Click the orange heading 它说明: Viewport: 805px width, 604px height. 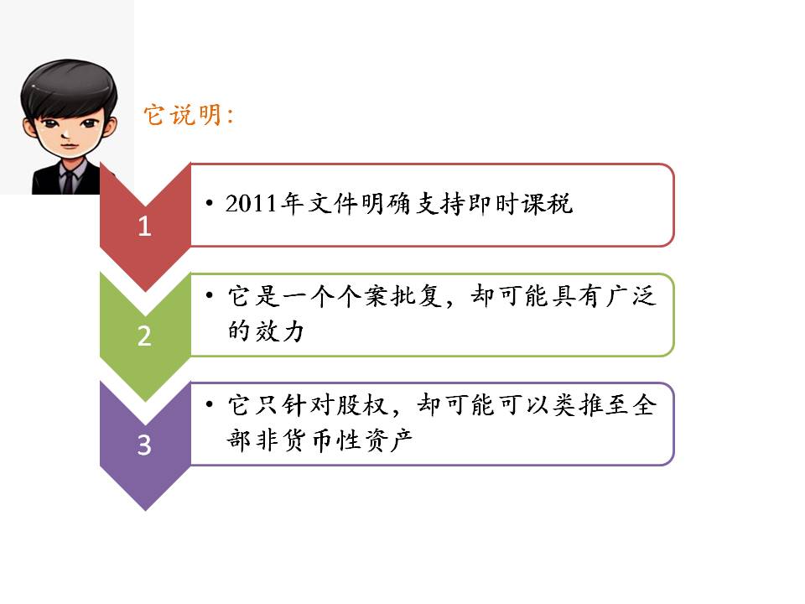pyautogui.click(x=189, y=115)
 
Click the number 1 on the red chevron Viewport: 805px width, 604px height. pyautogui.click(x=144, y=226)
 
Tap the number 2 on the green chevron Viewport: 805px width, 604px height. pyautogui.click(x=144, y=336)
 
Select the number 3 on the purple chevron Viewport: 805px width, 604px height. pyautogui.click(x=144, y=445)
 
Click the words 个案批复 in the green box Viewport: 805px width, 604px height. pyautogui.click(x=389, y=296)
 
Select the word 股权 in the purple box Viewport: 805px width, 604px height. pyautogui.click(x=362, y=404)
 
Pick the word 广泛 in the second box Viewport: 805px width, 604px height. pyautogui.click(x=631, y=296)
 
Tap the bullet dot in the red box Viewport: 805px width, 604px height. pyautogui.click(x=209, y=203)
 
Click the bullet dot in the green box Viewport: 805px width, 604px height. pyautogui.click(x=209, y=296)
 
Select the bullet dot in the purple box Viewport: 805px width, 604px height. pyautogui.click(x=209, y=404)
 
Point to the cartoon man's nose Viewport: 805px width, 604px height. pyautogui.click(x=65, y=134)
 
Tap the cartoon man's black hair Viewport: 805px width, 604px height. pyautogui.click(x=68, y=86)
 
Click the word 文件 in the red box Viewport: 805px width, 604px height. pyautogui.click(x=333, y=203)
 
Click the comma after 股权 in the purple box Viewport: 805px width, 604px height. pyautogui.click(x=396, y=411)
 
